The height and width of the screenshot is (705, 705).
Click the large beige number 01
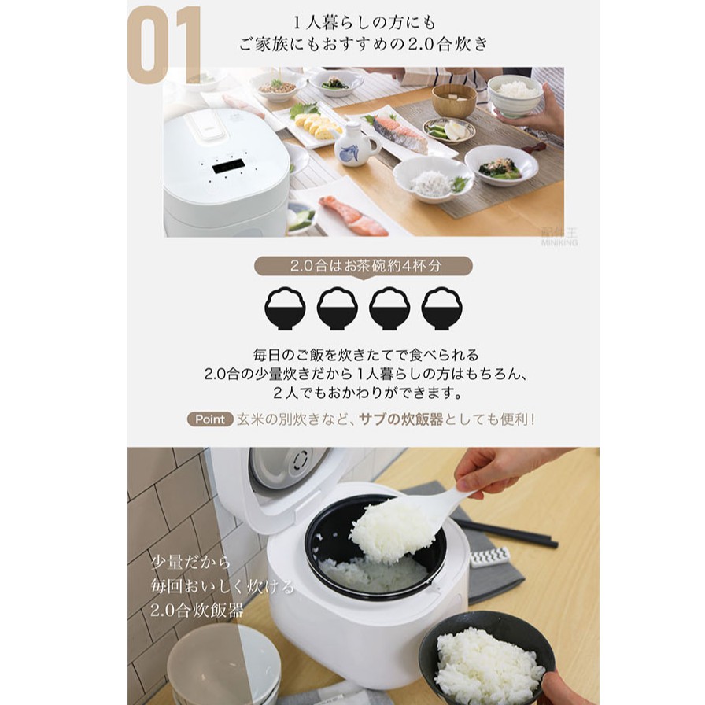[165, 45]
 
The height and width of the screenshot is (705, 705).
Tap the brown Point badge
[210, 419]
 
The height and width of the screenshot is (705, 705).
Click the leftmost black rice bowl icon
[286, 308]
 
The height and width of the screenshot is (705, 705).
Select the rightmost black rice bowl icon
[441, 308]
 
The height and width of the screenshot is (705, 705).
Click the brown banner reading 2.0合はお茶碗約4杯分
[364, 266]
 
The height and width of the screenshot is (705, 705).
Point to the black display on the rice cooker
[228, 168]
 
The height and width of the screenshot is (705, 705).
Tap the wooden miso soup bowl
[454, 101]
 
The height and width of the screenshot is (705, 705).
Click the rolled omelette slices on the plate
[317, 125]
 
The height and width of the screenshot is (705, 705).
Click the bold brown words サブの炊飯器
[401, 419]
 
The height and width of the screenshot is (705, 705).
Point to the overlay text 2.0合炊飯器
[197, 610]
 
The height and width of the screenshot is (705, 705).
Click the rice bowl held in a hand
[515, 95]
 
